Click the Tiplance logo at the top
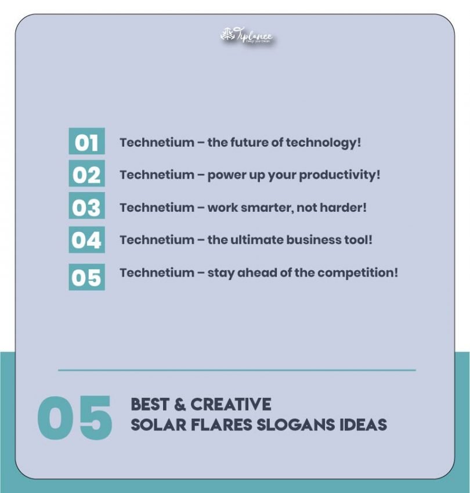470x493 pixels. (246, 37)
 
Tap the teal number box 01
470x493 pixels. (86, 142)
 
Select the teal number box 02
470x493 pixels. (86, 175)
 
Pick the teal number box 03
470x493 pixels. (86, 207)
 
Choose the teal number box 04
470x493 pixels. (86, 240)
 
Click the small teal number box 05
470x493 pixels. (86, 277)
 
